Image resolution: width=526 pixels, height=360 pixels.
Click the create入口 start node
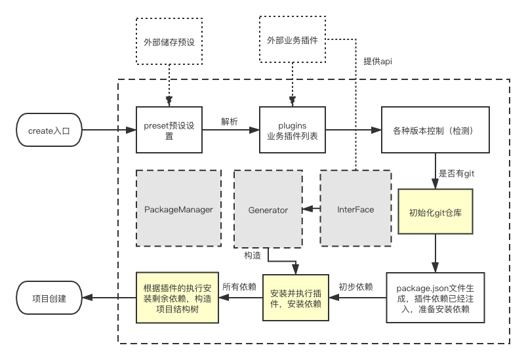click(x=49, y=130)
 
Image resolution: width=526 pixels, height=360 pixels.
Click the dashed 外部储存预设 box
click(x=169, y=42)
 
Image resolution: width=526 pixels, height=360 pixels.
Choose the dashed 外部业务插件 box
click(x=293, y=40)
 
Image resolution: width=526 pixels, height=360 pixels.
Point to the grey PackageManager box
click(x=178, y=209)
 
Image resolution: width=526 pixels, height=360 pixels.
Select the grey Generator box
click(x=268, y=210)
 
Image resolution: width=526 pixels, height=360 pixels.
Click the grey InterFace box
click(x=355, y=209)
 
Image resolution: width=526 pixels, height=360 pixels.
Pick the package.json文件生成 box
click(x=436, y=297)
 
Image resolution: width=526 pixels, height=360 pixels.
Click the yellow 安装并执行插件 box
click(x=295, y=297)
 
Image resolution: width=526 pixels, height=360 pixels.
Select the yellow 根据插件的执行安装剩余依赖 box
click(x=176, y=298)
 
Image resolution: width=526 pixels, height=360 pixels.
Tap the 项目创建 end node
click(x=49, y=297)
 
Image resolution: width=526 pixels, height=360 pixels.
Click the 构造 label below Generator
click(x=253, y=254)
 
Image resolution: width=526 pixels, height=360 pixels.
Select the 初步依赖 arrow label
click(x=356, y=287)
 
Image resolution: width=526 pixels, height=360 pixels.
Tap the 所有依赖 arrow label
click(x=239, y=287)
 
